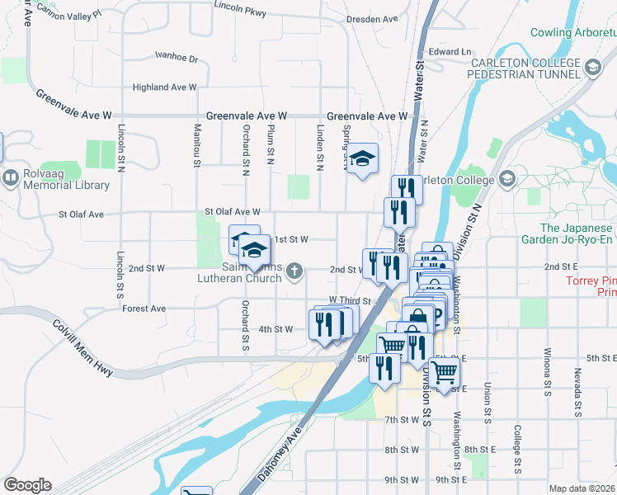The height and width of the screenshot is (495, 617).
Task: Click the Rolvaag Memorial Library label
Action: point(55,177)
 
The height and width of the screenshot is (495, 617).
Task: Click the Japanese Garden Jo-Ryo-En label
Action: point(567,233)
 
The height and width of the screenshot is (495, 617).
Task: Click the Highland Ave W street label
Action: point(164,87)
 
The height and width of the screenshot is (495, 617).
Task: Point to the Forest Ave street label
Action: point(144,309)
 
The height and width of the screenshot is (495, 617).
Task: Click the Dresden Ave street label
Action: point(372,18)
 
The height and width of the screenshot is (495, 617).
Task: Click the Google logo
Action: point(27,485)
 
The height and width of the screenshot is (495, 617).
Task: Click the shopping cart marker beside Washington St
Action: point(444,375)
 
